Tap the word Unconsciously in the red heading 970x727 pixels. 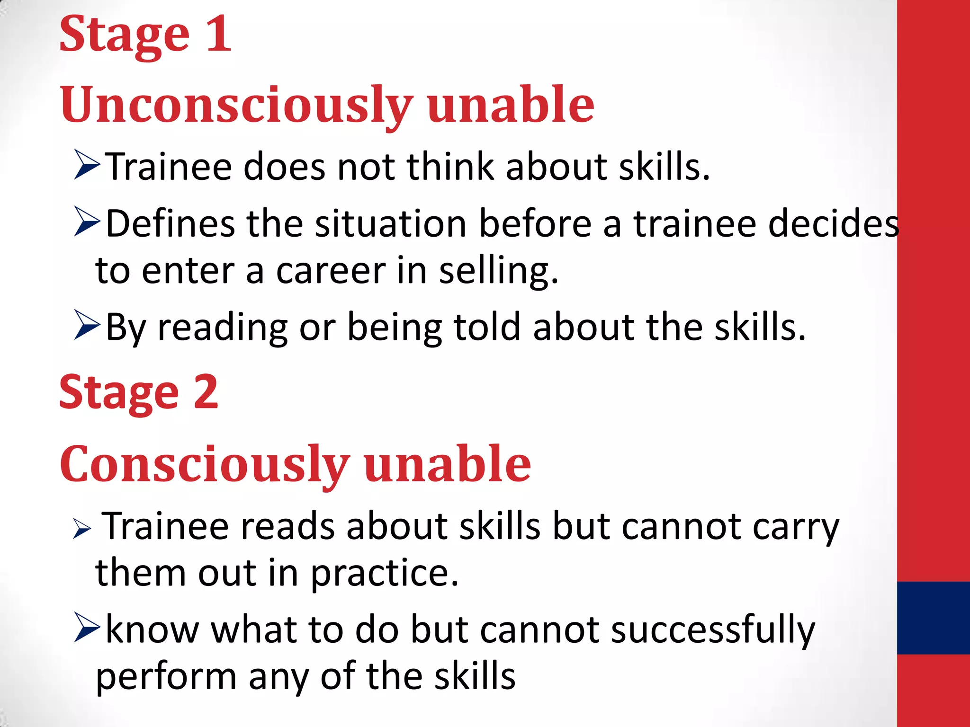tap(236, 105)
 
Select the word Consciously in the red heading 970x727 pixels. tap(205, 464)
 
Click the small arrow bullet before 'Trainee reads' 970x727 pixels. tap(82, 529)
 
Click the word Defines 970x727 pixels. tap(170, 223)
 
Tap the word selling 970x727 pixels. tap(498, 272)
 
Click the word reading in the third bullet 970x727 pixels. tap(223, 328)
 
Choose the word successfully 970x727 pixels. tap(713, 630)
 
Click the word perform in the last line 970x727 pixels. tap(166, 677)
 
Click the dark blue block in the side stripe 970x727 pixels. tap(933, 618)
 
